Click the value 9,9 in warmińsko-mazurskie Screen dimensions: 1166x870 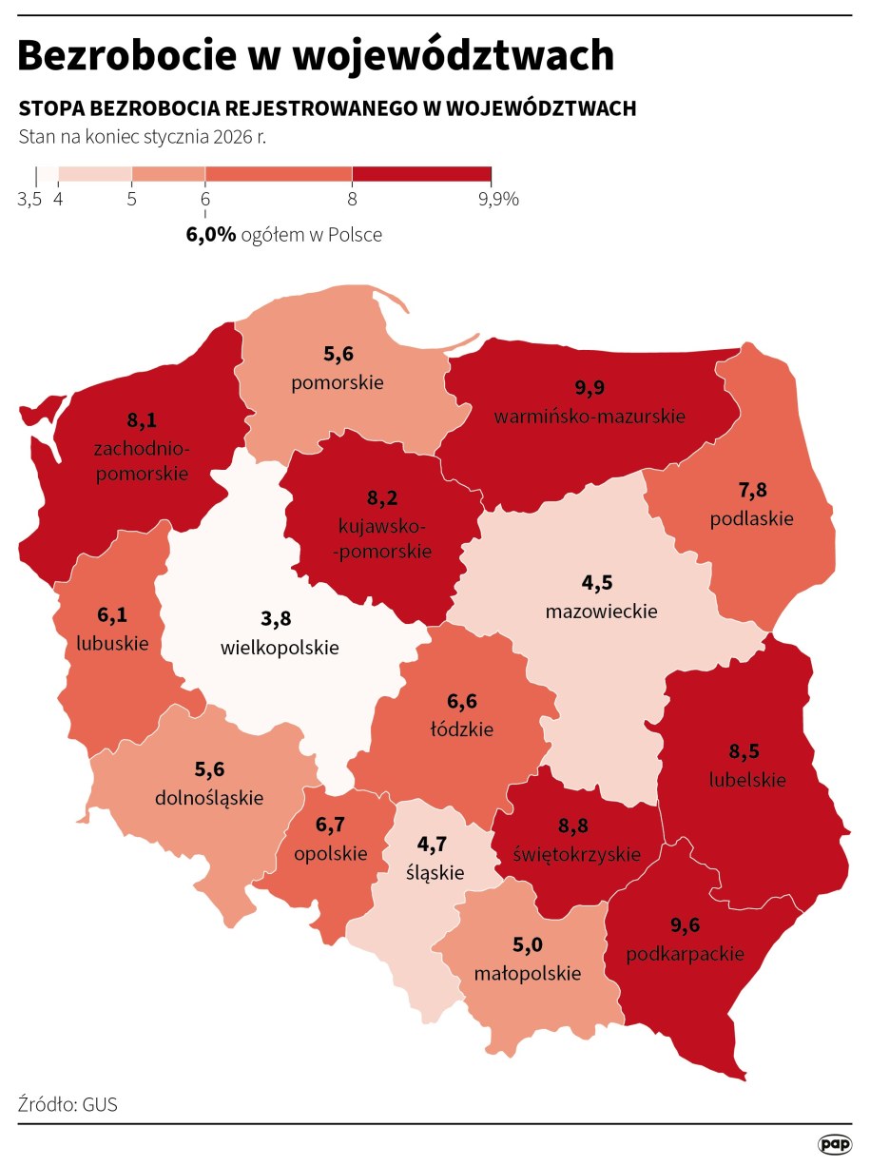(x=590, y=387)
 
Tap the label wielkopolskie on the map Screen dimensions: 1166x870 (x=280, y=648)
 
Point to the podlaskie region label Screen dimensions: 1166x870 (x=751, y=519)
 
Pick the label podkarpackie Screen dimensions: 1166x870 (x=685, y=954)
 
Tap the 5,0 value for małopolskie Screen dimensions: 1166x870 (x=528, y=944)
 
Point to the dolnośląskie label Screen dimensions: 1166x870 (x=209, y=797)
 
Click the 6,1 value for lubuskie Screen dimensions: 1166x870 (x=111, y=615)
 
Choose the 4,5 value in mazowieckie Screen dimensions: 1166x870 (x=600, y=582)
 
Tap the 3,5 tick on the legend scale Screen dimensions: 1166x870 (x=29, y=199)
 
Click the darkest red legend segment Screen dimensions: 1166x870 (x=421, y=174)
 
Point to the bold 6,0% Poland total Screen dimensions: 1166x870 (x=211, y=234)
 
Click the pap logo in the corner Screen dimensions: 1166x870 (x=834, y=1143)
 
